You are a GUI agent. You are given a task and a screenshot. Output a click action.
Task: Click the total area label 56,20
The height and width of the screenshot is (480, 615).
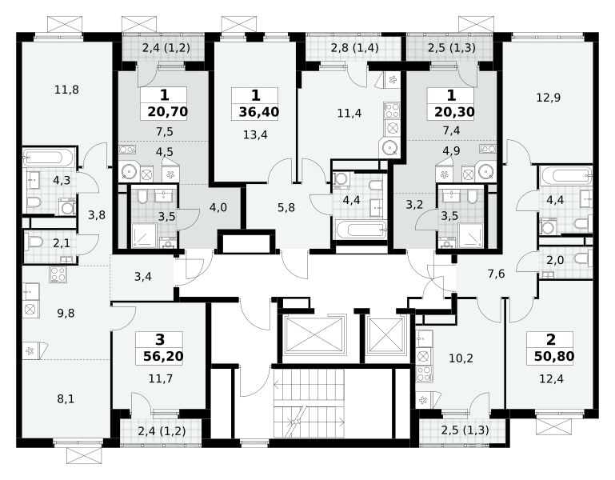click(163, 356)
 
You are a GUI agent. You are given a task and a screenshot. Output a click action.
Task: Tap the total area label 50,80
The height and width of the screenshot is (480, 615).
click(554, 356)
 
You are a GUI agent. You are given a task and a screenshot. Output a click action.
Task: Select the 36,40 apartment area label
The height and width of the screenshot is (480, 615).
click(259, 112)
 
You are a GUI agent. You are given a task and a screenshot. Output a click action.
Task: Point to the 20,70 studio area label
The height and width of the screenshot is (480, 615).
click(168, 112)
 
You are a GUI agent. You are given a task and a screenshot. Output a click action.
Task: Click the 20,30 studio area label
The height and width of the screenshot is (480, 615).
click(454, 112)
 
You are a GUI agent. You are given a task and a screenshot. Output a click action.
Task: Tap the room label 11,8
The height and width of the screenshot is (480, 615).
click(66, 90)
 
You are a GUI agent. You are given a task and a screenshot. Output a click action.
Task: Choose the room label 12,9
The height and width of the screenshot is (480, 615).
click(549, 98)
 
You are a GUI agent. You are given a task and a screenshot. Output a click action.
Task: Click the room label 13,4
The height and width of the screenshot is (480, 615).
click(255, 134)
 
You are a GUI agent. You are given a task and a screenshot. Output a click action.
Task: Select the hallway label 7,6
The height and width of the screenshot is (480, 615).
click(496, 274)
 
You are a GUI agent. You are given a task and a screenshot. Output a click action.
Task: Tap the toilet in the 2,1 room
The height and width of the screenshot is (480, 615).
click(34, 243)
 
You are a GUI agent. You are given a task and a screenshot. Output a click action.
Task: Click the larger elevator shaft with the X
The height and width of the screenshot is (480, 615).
click(314, 334)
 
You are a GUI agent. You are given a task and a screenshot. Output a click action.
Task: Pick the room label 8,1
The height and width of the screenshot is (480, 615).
click(66, 399)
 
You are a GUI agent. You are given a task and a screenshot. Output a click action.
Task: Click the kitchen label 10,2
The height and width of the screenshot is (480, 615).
click(461, 358)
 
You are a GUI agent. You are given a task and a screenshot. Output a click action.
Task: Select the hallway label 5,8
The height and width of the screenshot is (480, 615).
click(286, 208)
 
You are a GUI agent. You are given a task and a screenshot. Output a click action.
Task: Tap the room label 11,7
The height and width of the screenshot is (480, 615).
click(161, 378)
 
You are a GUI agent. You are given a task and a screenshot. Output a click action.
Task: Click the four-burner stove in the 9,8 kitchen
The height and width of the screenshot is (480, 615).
click(58, 274)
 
